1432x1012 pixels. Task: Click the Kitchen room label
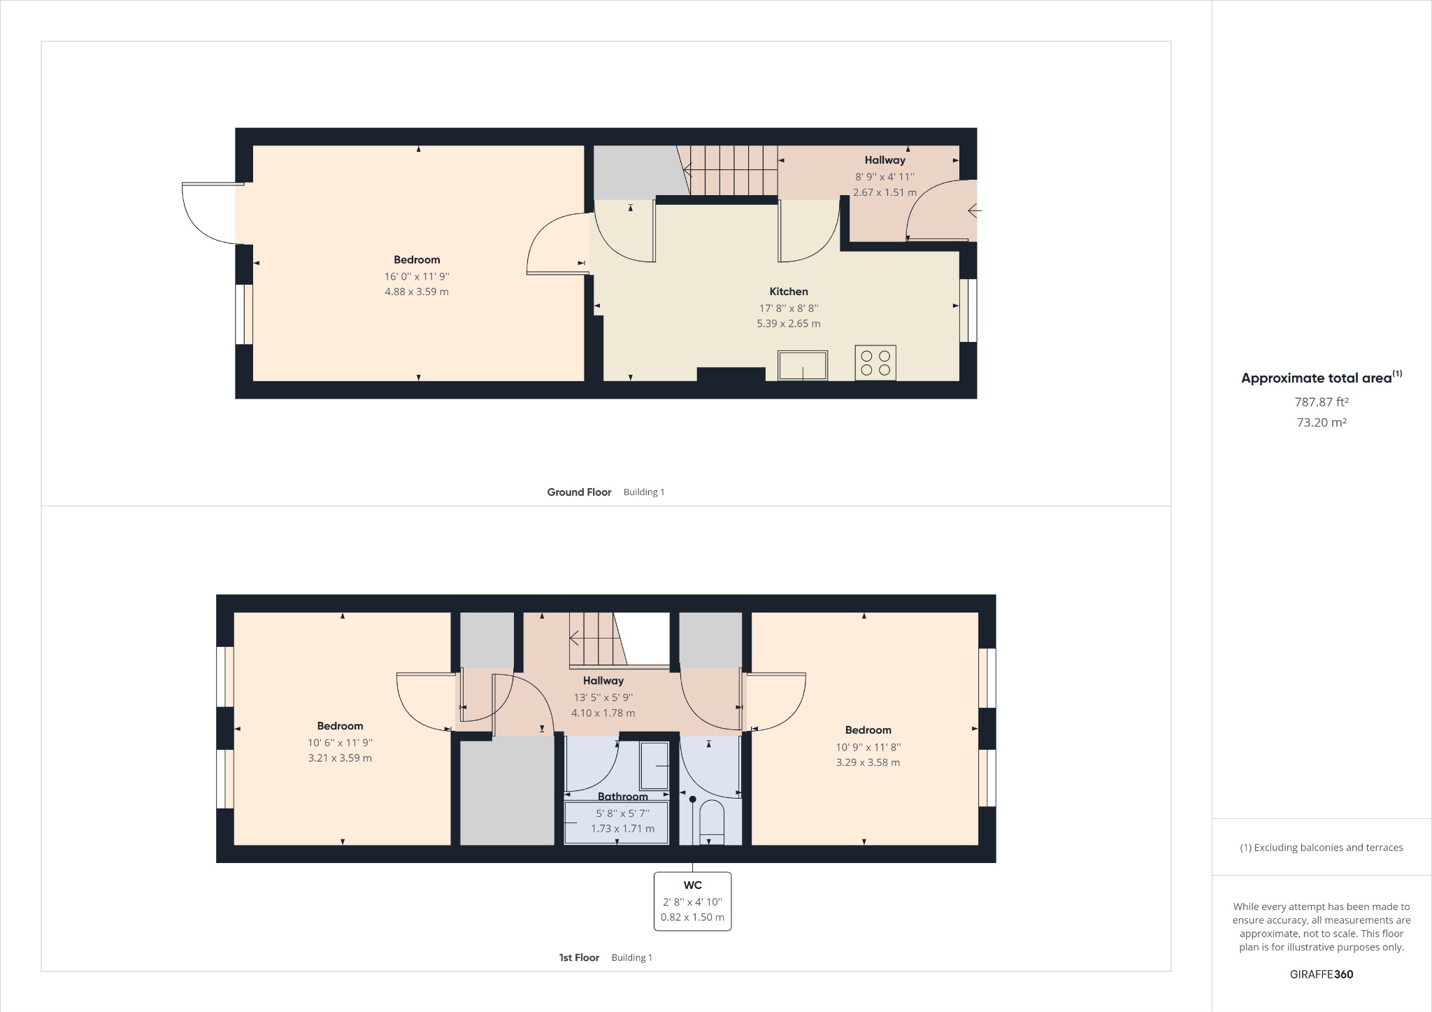[x=788, y=292]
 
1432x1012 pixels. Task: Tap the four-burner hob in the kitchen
[x=875, y=363]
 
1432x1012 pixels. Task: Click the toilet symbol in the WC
[x=712, y=821]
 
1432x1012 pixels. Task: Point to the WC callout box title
[x=692, y=885]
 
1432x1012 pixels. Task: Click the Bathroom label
[x=622, y=797]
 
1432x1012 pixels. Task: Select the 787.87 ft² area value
[x=1321, y=402]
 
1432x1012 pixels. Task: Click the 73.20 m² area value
[x=1321, y=422]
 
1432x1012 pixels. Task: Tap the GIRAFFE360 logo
[x=1321, y=974]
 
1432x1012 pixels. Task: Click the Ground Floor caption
[x=579, y=492]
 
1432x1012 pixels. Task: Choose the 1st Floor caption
[x=579, y=957]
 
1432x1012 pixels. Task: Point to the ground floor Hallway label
[x=885, y=160]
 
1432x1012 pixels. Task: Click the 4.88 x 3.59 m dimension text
[x=417, y=292]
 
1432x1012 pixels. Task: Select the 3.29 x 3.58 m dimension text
[x=868, y=762]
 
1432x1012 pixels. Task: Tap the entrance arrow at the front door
[x=974, y=210]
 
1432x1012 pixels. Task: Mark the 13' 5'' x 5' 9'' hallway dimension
[x=603, y=697]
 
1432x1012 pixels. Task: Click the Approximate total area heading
[x=1317, y=378]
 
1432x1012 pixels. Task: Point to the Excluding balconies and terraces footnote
[x=1321, y=848]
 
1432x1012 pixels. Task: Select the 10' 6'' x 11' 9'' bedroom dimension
[x=340, y=743]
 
